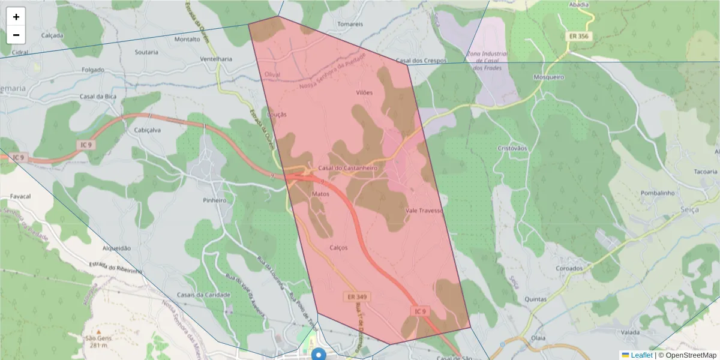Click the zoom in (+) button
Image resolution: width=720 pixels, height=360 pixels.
pyautogui.click(x=16, y=17)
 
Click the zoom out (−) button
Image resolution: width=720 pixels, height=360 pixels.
pyautogui.click(x=16, y=35)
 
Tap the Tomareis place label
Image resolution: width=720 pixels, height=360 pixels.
pyautogui.click(x=350, y=24)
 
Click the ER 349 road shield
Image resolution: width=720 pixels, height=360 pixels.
pyautogui.click(x=357, y=297)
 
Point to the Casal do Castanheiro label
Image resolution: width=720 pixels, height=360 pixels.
pyautogui.click(x=347, y=168)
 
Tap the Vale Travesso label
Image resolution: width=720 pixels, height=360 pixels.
pyautogui.click(x=424, y=211)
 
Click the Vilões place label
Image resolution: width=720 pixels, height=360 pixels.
pyautogui.click(x=364, y=92)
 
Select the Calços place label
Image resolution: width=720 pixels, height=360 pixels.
pyautogui.click(x=338, y=247)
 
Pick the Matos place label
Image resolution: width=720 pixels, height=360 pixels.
pyautogui.click(x=321, y=194)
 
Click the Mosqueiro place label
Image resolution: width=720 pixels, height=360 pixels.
pyautogui.click(x=548, y=77)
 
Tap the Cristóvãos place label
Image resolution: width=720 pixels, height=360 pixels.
pyautogui.click(x=512, y=148)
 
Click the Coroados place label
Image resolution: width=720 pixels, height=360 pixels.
pyautogui.click(x=569, y=268)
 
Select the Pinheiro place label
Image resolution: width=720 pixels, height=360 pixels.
pyautogui.click(x=215, y=200)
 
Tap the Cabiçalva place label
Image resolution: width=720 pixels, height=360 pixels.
pyautogui.click(x=148, y=130)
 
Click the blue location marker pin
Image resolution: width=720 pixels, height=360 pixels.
pyautogui.click(x=320, y=354)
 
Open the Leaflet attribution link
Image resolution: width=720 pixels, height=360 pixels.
pyautogui.click(x=641, y=355)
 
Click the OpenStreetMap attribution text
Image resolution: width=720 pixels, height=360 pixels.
pyautogui.click(x=690, y=355)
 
